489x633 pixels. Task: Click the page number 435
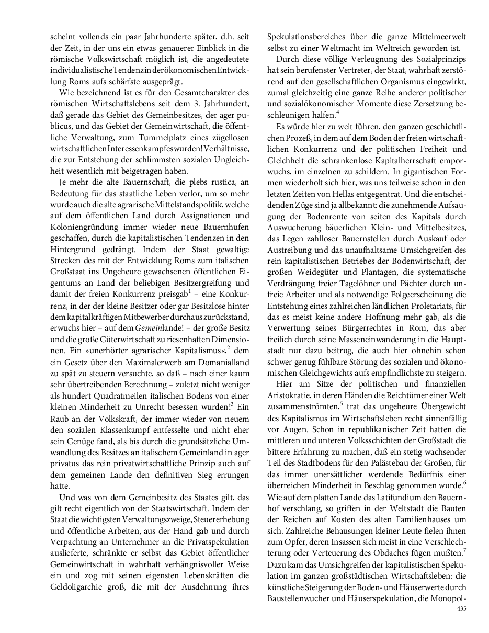461,608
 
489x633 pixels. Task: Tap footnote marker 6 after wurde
464,482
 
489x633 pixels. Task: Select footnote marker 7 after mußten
464,549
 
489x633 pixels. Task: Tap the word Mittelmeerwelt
440,37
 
